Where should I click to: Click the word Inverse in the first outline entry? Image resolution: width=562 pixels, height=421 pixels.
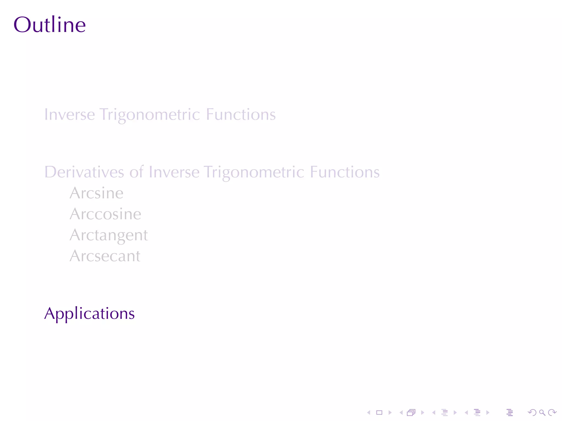tap(70, 114)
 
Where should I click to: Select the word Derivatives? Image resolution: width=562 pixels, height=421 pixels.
tap(84, 172)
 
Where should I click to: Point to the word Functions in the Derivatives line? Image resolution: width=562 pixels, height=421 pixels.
tap(345, 172)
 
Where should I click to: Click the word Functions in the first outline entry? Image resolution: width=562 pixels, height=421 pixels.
tap(241, 114)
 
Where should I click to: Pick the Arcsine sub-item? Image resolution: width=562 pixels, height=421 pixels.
tap(97, 193)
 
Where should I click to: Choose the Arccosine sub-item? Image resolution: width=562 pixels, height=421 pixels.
tap(105, 214)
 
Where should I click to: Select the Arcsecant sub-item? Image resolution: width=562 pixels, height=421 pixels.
tap(105, 256)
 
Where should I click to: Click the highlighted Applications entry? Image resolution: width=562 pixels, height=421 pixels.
tap(89, 314)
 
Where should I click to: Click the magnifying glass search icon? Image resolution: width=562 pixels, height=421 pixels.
tap(542, 413)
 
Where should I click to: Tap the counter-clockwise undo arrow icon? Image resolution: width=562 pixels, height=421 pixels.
tap(532, 413)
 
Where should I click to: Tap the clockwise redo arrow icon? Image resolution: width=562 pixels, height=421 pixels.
tap(552, 413)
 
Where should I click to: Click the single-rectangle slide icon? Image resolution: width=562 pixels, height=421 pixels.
tap(379, 413)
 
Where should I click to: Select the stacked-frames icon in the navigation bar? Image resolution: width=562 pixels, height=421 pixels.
tap(411, 413)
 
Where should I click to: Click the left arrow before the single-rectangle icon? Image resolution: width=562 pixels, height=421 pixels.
tap(369, 413)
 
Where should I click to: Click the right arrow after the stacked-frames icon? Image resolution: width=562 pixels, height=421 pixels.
tap(423, 413)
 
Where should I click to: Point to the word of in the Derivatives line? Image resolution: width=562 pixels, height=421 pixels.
tap(136, 172)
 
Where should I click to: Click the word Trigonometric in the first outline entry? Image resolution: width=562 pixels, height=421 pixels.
tap(150, 115)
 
